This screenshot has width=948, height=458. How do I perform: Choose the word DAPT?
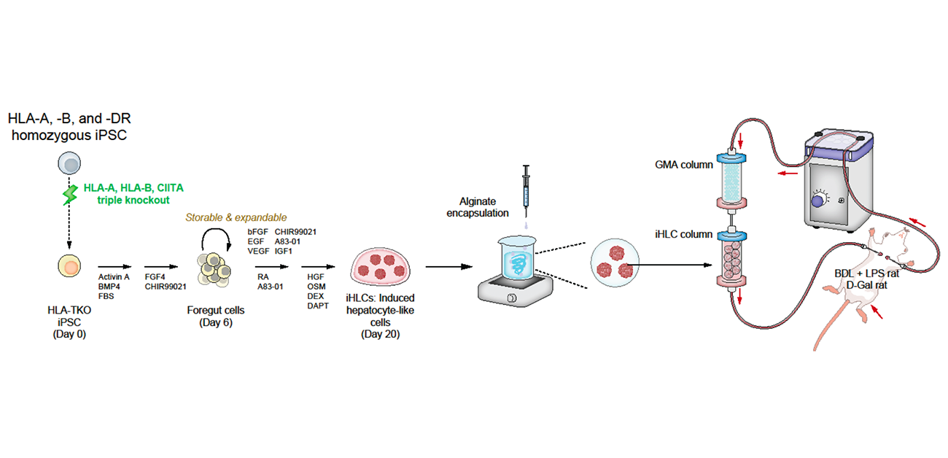click(x=317, y=308)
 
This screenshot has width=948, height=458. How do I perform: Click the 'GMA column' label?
click(x=685, y=164)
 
